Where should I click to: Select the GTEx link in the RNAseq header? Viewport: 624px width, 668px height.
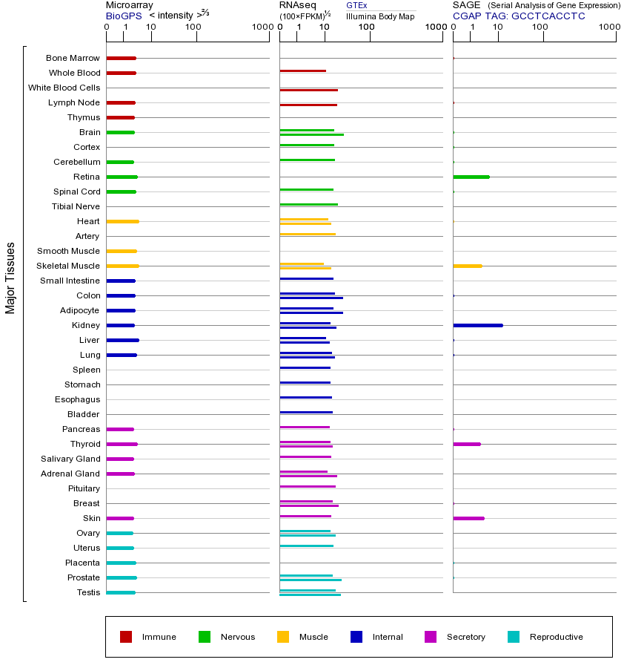356,5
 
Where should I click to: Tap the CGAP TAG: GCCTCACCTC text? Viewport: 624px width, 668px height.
519,16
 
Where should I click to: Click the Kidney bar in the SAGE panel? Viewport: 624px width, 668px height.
478,325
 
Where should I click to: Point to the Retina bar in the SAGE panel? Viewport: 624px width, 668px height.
471,177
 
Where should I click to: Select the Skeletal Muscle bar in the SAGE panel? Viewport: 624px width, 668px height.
468,266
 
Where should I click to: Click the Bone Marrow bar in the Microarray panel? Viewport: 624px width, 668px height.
121,58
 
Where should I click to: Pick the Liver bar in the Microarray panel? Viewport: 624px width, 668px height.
122,340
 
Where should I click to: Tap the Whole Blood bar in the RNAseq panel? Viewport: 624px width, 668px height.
302,71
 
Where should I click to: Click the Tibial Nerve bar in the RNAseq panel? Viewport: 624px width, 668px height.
308,204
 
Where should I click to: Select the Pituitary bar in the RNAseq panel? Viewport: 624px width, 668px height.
308,486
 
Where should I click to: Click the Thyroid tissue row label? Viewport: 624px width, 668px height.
85,444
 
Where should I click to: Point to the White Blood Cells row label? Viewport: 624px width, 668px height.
64,88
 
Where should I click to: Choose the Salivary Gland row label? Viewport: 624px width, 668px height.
70,459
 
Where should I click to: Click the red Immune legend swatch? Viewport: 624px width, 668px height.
126,637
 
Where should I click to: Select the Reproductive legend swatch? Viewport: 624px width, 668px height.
514,637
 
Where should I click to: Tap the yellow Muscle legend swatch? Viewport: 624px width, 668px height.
283,637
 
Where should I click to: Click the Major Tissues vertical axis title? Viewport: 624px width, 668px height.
10,278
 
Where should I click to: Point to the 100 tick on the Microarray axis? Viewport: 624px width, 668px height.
193,27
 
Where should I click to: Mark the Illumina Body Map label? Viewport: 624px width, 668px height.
380,16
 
